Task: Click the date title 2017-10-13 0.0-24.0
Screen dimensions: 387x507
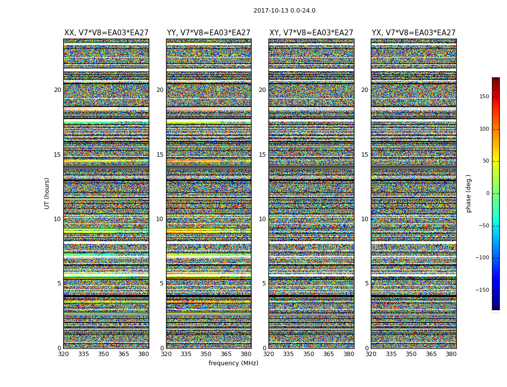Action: [x=284, y=11]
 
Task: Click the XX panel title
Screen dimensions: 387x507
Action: [x=106, y=33]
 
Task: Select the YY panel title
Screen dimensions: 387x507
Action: [x=209, y=33]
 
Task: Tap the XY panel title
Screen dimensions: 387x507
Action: [x=311, y=33]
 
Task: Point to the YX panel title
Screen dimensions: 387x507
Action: [x=413, y=33]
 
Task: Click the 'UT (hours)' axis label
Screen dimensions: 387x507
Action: [x=47, y=193]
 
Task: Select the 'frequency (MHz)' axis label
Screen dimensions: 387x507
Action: [x=233, y=363]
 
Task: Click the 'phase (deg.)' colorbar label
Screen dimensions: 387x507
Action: [x=468, y=193]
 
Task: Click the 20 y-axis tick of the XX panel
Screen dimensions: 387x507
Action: [x=57, y=90]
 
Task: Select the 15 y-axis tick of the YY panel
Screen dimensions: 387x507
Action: [x=160, y=155]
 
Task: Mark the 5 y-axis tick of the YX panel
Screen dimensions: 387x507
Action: [x=366, y=283]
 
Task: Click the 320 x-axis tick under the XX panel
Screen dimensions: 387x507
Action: [x=64, y=354]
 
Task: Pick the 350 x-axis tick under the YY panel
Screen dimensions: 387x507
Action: [x=206, y=354]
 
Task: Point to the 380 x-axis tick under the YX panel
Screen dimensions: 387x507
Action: [x=451, y=354]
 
